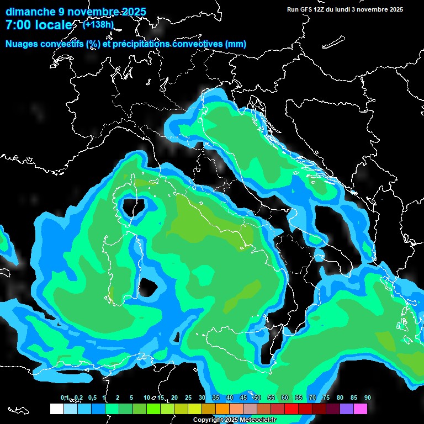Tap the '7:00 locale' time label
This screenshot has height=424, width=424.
(38, 25)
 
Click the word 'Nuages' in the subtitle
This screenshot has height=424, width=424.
(22, 44)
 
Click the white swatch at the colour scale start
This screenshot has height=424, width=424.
(56, 409)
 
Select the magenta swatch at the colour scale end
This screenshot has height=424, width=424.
(361, 409)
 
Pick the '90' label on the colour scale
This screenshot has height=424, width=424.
(368, 398)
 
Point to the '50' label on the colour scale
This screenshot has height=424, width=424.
(257, 398)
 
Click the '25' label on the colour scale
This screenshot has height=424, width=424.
(188, 398)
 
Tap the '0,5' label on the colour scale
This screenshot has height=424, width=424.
(92, 398)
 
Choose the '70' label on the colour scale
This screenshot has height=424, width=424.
(312, 398)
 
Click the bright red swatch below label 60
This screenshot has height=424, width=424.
(291, 409)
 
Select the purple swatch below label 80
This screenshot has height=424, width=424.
(347, 409)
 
